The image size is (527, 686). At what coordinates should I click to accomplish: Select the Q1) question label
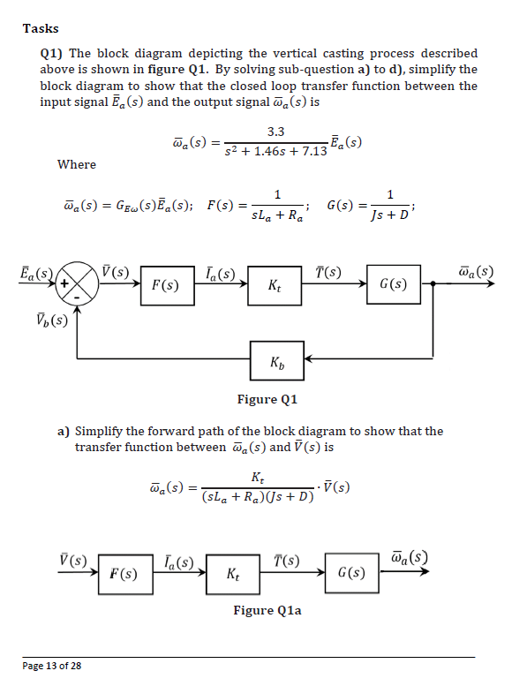(51, 54)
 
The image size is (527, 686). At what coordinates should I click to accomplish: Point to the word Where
(77, 164)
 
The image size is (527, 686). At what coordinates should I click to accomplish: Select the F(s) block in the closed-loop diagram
(166, 286)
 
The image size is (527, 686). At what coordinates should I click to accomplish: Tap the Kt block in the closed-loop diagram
(275, 286)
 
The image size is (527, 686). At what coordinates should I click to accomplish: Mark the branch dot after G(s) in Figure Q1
(433, 285)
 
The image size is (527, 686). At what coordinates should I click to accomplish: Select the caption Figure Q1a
(267, 610)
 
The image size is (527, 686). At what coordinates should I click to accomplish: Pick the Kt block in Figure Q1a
(231, 576)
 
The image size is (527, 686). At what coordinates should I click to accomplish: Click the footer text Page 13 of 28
(52, 665)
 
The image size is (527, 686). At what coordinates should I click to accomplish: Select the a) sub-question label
(64, 431)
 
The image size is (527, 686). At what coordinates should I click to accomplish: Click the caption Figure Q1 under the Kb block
(267, 399)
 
